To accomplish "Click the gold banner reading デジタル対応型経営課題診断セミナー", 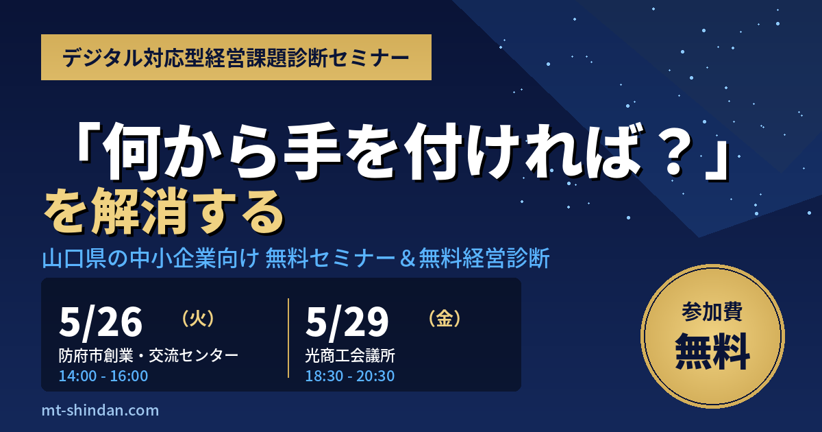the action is coord(236,58).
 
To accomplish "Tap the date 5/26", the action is coord(101,322).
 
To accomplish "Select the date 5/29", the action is coord(347,322).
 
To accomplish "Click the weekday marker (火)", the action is coord(198,318).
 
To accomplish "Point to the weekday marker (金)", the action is coord(445,318).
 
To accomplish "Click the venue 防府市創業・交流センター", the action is coord(149,356).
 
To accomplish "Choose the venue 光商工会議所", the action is coord(350,356).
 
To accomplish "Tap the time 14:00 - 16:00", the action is coord(103,376).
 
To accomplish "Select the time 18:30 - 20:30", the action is coord(350,376).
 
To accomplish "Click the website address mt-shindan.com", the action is coord(100,410).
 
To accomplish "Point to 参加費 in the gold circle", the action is coord(712,311).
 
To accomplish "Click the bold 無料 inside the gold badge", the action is coord(712,351).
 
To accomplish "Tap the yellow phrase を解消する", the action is coord(164,212).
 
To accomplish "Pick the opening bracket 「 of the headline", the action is coord(86,143).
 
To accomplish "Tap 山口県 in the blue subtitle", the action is coord(74,258).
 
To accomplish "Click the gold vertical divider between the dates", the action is coord(288,338).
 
